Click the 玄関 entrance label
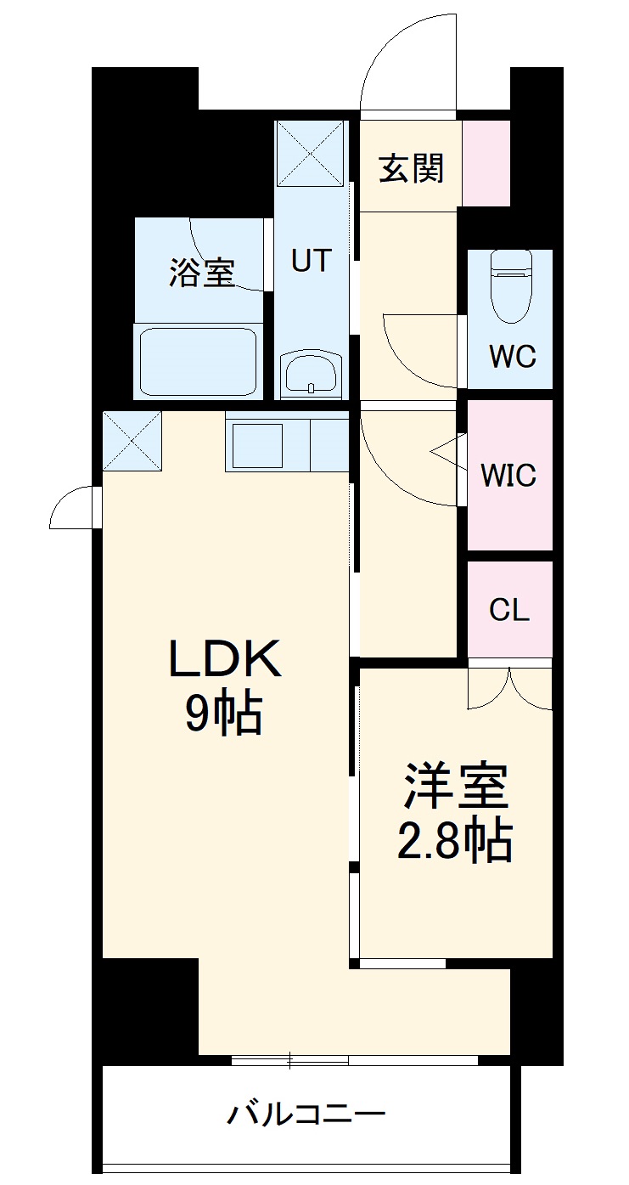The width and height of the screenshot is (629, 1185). coord(411,169)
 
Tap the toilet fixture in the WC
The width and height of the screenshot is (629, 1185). coord(511,286)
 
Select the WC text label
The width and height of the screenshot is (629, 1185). coord(512,357)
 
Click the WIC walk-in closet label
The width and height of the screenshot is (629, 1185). coord(509,476)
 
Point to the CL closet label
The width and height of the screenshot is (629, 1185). coord(509,609)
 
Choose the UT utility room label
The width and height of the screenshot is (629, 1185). coord(312,261)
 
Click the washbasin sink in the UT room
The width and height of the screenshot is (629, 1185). coord(312,375)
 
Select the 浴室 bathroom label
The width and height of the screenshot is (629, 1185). coord(201,273)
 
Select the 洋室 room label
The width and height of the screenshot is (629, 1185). coord(456,787)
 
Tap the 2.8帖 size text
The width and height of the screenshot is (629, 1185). coord(456,841)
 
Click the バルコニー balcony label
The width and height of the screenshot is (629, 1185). coord(306,1114)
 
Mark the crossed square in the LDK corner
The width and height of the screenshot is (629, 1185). coord(132,439)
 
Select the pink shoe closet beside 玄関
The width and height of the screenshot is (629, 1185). coord(486,162)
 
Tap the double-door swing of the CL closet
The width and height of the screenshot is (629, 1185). coord(510,687)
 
